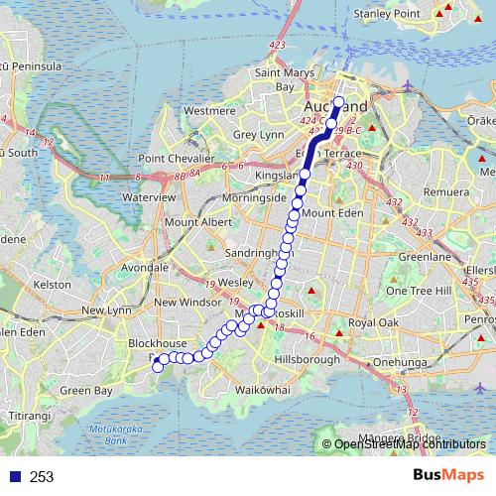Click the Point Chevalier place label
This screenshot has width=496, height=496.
[x=176, y=159]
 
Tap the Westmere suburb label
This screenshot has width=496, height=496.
[x=208, y=111]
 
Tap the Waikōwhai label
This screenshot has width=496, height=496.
[x=262, y=390]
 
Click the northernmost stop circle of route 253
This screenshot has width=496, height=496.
[x=338, y=101]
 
